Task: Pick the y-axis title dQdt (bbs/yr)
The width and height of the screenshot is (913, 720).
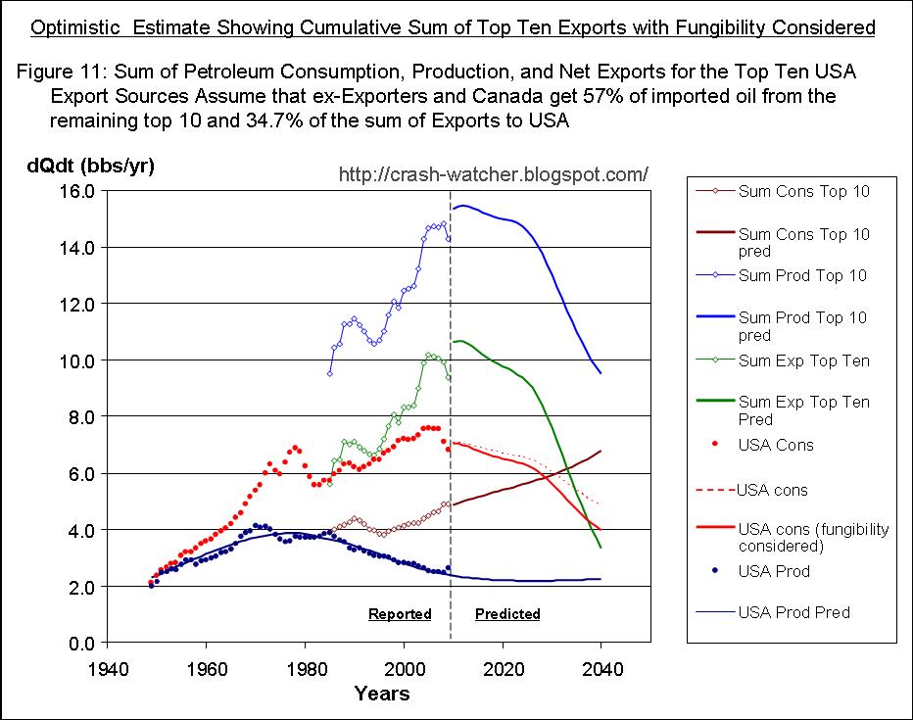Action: point(90,166)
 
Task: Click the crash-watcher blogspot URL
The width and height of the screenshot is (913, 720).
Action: point(493,174)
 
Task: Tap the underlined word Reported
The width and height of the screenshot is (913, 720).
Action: point(400,614)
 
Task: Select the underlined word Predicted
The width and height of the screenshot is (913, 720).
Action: point(507,614)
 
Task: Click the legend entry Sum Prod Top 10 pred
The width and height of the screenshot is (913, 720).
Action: point(801,326)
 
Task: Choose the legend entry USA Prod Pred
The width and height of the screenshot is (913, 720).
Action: point(793,612)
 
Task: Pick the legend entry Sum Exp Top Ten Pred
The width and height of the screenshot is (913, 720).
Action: point(803,410)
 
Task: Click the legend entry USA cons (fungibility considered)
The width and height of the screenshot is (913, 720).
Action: point(813,537)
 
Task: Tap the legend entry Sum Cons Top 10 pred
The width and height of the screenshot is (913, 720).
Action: point(803,242)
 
